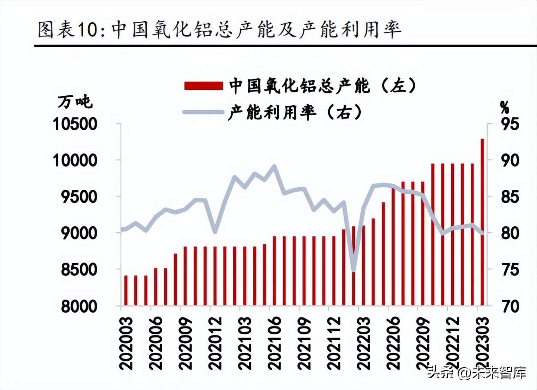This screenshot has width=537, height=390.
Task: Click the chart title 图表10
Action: click(x=219, y=30)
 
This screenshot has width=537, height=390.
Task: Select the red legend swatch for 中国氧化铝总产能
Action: click(x=203, y=85)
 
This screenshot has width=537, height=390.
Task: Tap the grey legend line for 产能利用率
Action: click(x=203, y=112)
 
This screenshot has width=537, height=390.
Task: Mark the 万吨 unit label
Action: click(x=75, y=103)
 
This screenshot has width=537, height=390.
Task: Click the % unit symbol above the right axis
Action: click(x=504, y=106)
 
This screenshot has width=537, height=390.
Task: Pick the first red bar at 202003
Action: click(x=126, y=291)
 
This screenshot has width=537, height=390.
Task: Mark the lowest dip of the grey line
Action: click(x=353, y=271)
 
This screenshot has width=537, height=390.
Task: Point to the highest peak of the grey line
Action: click(x=274, y=166)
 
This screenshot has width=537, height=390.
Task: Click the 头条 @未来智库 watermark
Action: click(x=476, y=372)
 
